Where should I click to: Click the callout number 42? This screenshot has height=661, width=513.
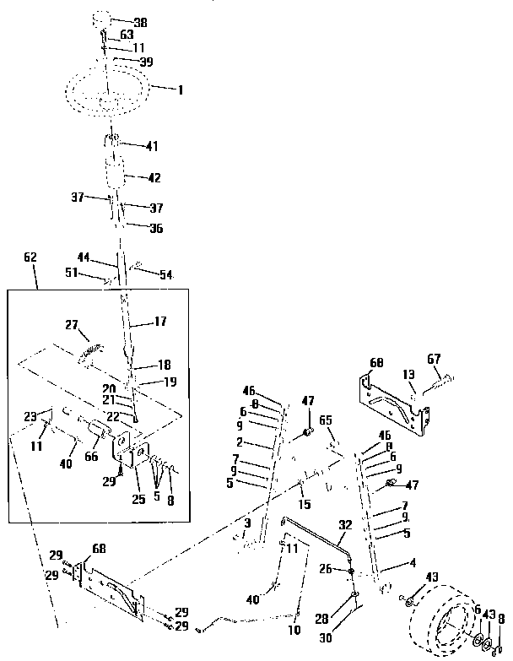154,178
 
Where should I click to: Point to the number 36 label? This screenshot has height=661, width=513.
155,228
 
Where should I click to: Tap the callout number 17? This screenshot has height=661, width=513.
160,321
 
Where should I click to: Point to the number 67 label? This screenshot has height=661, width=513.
434,359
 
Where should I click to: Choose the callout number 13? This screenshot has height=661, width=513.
408,374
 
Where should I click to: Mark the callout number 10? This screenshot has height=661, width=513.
295,630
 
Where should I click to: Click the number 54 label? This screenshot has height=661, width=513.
166,275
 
